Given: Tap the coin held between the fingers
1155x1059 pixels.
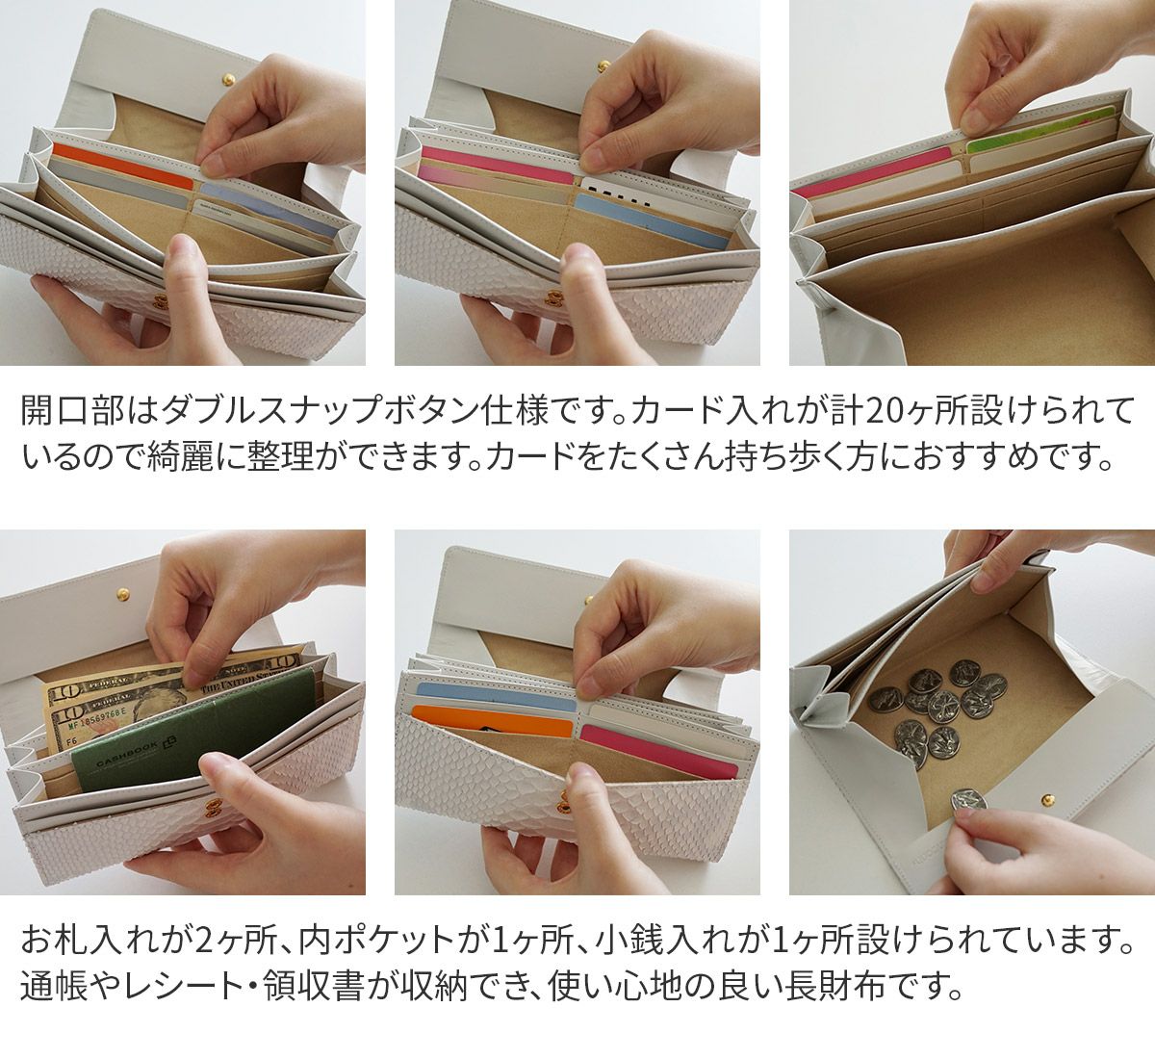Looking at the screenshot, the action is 969,800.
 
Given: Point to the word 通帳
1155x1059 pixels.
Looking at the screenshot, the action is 54,987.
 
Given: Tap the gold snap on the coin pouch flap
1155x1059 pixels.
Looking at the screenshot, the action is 1048,799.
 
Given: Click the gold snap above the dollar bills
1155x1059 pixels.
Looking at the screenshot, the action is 122,593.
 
